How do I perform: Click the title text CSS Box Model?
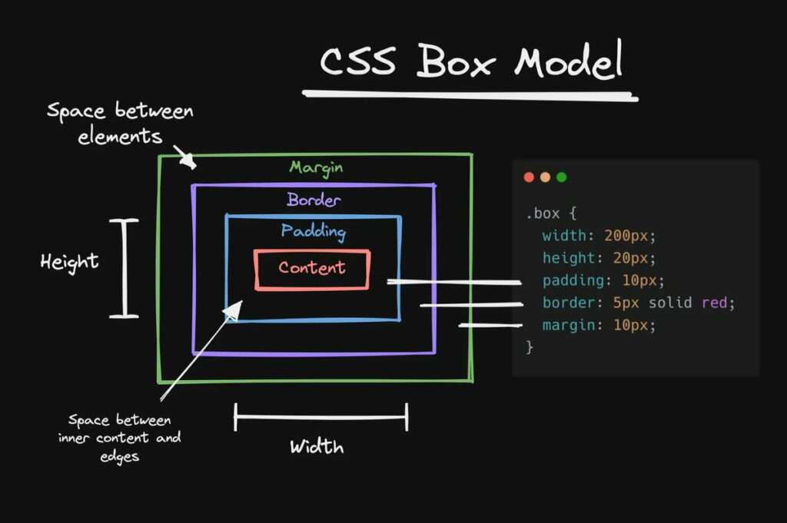pos(470,61)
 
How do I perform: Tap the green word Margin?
pos(316,167)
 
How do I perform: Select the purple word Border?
pos(314,200)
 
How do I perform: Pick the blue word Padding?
pos(313,231)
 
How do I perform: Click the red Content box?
pos(312,269)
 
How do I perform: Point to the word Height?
pos(69,262)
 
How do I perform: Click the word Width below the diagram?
pos(317,447)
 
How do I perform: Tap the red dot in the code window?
pos(529,177)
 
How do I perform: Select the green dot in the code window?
pos(561,177)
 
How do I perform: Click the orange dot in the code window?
pos(545,177)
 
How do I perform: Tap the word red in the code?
pos(714,303)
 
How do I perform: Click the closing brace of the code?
pos(529,347)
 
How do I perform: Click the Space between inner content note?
pos(119,438)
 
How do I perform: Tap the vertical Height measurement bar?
pos(123,268)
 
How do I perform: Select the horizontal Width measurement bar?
pos(320,418)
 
